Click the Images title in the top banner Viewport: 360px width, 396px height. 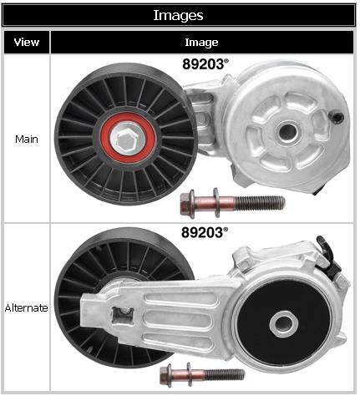pyautogui.click(x=178, y=15)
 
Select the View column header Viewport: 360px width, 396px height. pyautogui.click(x=27, y=43)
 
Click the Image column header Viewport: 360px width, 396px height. pyautogui.click(x=201, y=43)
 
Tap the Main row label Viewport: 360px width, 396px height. pyautogui.click(x=27, y=139)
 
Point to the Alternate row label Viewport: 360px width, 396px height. pyautogui.click(x=27, y=308)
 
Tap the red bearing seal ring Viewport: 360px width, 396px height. pyautogui.click(x=127, y=138)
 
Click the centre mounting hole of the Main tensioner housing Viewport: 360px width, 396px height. pyautogui.click(x=287, y=132)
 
